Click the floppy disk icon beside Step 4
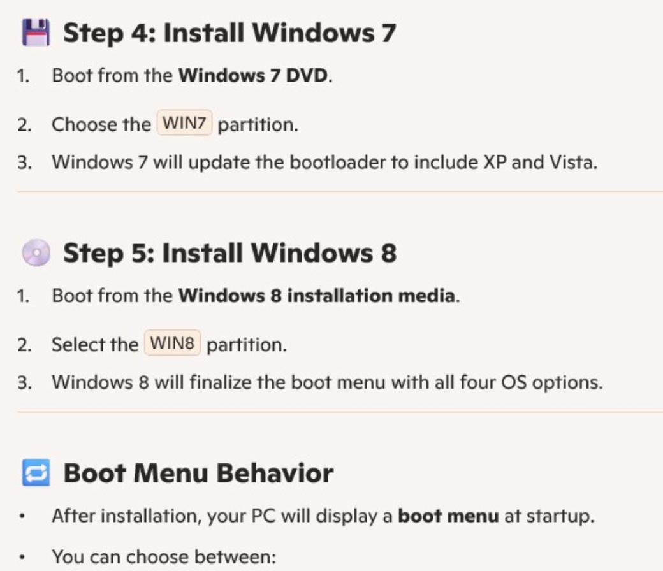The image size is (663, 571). click(x=36, y=32)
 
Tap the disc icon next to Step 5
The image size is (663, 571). click(x=36, y=253)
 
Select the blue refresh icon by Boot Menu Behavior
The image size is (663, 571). click(x=36, y=472)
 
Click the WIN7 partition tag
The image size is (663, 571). click(x=184, y=122)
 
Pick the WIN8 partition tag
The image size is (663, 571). click(x=172, y=343)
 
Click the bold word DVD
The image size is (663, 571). click(x=307, y=76)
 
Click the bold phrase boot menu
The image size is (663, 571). click(x=449, y=516)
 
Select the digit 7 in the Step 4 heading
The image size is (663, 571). click(x=389, y=33)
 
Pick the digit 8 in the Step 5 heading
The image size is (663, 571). click(x=389, y=253)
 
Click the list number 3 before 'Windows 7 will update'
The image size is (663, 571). click(x=22, y=163)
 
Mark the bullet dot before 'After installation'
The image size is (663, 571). click(x=22, y=516)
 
